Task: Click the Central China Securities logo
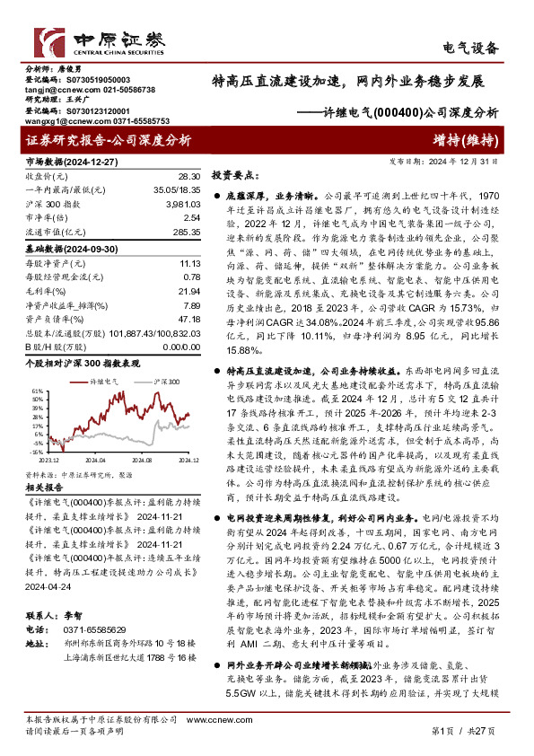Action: pyautogui.click(x=94, y=40)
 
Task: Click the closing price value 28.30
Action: pyautogui.click(x=190, y=179)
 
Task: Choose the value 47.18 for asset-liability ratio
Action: pyautogui.click(x=188, y=318)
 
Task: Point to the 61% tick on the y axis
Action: pyautogui.click(x=37, y=392)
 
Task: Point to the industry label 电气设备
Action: pyautogui.click(x=474, y=48)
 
